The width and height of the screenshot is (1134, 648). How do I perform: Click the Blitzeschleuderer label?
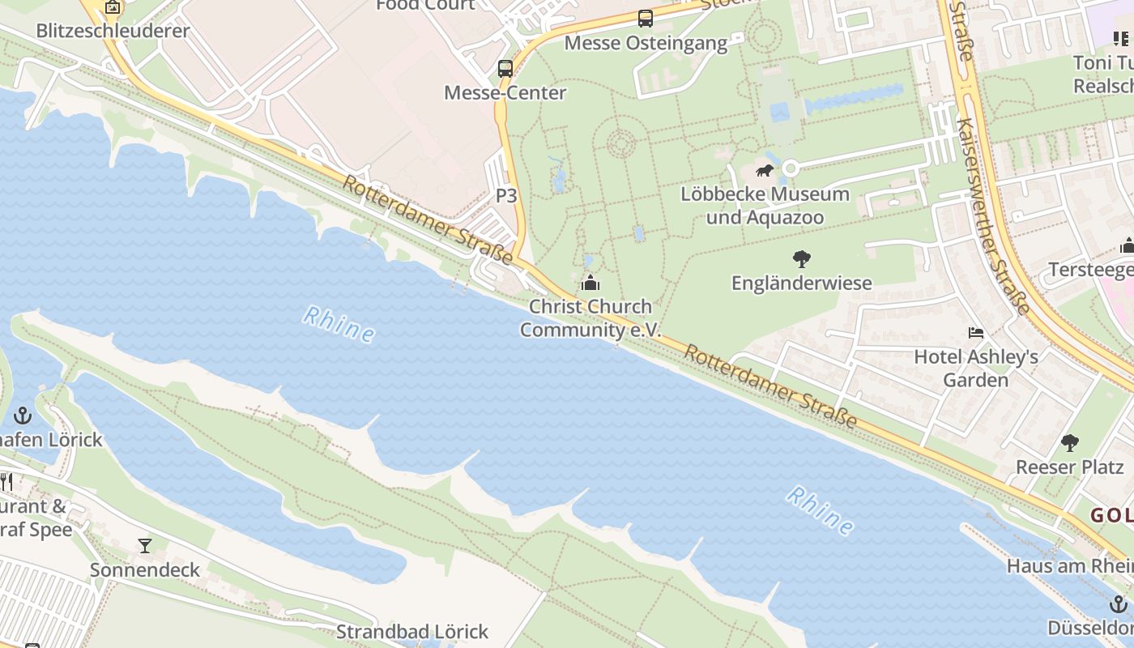pos(113,31)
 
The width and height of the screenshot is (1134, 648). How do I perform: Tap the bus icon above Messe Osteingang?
pos(645,18)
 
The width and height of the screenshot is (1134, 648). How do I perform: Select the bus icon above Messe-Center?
pos(505,68)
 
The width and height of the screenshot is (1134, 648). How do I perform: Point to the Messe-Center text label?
pos(505,92)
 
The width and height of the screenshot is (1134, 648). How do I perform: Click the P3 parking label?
pos(506,195)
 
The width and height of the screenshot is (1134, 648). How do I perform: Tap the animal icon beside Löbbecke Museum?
pos(765,170)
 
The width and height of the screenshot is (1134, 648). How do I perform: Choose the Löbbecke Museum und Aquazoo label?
pos(765,206)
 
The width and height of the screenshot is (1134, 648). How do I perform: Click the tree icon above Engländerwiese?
pos(802,259)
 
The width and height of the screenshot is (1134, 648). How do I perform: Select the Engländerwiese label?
pos(802,283)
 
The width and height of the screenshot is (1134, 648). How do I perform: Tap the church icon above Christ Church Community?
pos(590,283)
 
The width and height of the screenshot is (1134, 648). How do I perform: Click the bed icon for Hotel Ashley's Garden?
pos(976,333)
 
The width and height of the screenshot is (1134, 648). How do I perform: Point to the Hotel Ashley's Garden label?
pos(976,368)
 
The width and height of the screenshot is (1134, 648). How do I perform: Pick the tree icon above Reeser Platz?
pos(1070,443)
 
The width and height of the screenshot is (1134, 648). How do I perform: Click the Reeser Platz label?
pos(1070,467)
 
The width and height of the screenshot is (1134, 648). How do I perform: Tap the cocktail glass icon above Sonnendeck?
pos(145,546)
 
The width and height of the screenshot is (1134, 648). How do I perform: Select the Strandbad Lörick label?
pos(412,631)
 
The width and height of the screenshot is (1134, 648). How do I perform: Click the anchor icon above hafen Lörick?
pos(23,416)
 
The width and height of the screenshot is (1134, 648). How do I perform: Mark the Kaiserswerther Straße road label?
pos(992,215)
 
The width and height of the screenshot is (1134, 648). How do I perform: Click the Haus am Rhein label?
pos(1069,565)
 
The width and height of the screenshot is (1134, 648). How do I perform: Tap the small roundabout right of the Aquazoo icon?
pos(791,168)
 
